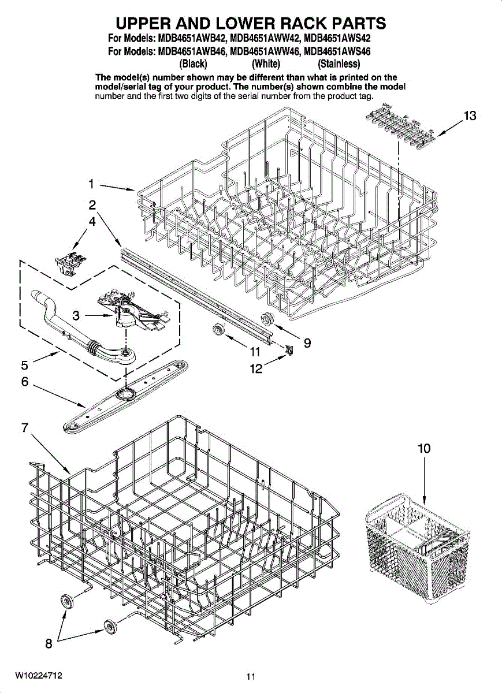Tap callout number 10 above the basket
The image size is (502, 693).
424,449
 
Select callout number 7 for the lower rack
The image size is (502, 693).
24,428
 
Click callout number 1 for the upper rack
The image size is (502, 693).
91,184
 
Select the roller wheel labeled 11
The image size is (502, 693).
218,330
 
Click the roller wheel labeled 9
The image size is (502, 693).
267,318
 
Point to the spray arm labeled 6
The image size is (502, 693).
124,394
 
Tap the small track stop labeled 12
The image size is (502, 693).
289,348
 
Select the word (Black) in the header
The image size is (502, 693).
194,64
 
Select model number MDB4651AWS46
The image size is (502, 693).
337,51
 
